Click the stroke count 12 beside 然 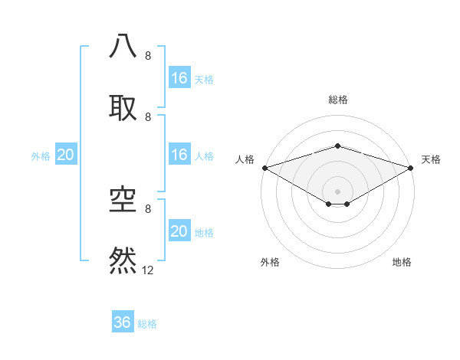(x=148, y=270)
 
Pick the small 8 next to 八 (x=147, y=56)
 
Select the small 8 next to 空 (x=147, y=208)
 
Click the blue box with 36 (x=123, y=322)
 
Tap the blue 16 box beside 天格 (x=179, y=78)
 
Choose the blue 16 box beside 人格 (x=179, y=155)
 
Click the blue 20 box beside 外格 (x=66, y=155)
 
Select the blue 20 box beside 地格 (x=179, y=231)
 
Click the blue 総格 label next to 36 (x=147, y=324)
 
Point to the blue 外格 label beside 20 (x=41, y=156)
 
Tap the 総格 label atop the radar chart (x=337, y=100)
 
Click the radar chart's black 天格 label (x=431, y=159)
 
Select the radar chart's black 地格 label (x=402, y=263)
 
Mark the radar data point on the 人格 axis (x=264, y=167)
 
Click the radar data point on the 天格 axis (x=411, y=167)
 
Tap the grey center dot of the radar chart (x=337, y=191)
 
